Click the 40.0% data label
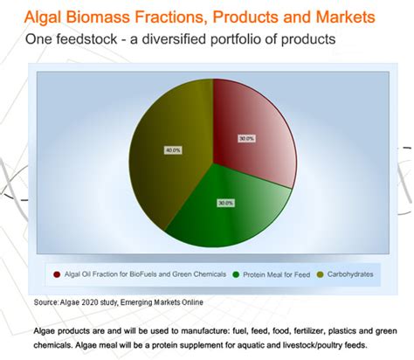174,150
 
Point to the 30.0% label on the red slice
247,139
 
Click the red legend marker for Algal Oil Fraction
58,275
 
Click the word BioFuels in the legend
145,275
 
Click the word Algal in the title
55,17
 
